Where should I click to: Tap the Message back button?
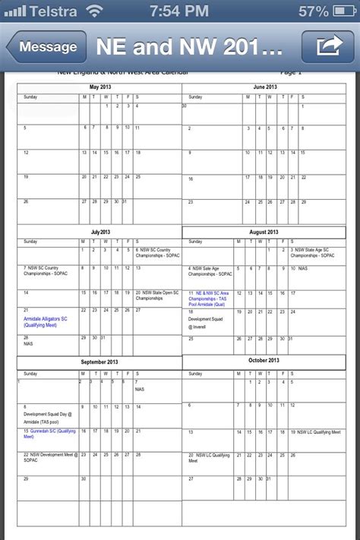47,47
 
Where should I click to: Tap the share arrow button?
327,47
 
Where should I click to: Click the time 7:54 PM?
179,11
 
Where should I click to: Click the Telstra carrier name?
53,11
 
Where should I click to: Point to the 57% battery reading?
314,11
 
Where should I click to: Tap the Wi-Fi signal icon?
94,11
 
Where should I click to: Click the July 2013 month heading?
101,232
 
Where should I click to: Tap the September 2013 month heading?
99,362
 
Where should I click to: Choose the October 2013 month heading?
264,360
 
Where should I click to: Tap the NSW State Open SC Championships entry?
158,295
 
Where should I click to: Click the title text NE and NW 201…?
190,47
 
